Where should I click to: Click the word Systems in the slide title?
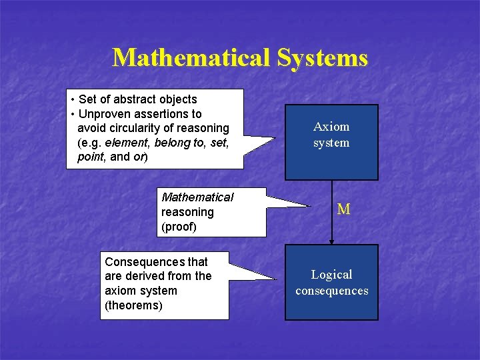point(322,58)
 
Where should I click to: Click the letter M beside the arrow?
point(344,209)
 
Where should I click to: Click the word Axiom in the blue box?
point(331,127)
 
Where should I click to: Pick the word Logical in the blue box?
point(331,275)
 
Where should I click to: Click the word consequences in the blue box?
point(331,291)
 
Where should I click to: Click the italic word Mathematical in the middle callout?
point(197,197)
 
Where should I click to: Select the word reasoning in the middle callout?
point(187,212)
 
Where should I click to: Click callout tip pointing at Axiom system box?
point(273,138)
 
